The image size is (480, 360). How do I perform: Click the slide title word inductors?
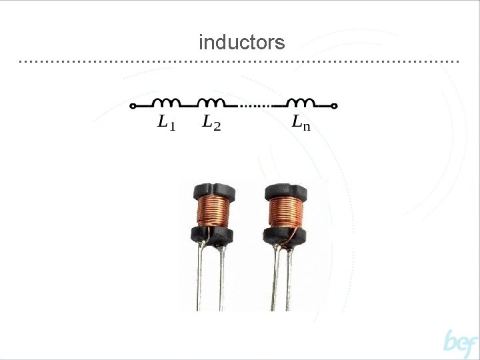tap(241, 43)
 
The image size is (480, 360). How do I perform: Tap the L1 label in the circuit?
tap(166, 123)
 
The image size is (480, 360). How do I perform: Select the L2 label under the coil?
tap(211, 123)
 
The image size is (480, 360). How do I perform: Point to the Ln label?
tap(301, 123)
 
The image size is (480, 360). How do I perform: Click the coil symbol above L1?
tap(167, 103)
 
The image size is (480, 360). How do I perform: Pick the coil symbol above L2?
tap(212, 103)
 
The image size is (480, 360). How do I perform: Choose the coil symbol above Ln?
tap(301, 103)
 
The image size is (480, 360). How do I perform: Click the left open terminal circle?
tap(133, 106)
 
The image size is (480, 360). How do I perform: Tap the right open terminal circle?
tap(335, 106)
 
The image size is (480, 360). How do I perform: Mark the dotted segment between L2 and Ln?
tap(254, 106)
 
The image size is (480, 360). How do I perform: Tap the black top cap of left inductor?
tap(211, 191)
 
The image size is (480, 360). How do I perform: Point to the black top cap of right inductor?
tap(285, 191)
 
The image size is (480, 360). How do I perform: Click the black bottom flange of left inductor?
tap(211, 234)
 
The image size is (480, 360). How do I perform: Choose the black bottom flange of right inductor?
tap(285, 235)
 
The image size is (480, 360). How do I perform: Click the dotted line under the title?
tap(240, 61)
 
